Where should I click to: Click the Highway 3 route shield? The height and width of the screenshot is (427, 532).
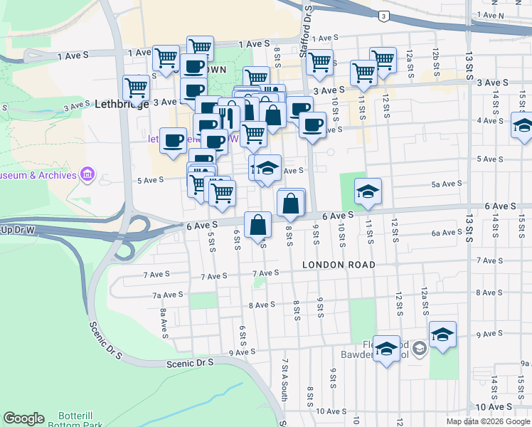[x=384, y=16]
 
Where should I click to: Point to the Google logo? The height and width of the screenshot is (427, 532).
[x=23, y=418]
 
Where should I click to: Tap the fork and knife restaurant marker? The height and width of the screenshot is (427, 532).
[x=227, y=114]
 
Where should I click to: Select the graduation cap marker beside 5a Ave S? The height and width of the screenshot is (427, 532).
[x=368, y=191]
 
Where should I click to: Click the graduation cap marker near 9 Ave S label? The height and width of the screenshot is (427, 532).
[x=442, y=334]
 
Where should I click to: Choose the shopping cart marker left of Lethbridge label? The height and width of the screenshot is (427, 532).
[x=135, y=88]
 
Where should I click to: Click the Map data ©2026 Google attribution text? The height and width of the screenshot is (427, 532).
[x=488, y=421]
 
